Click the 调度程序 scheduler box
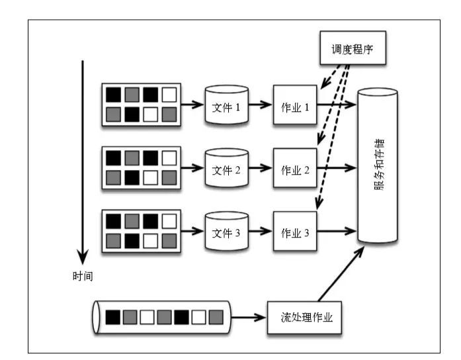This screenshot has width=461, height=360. tap(353, 48)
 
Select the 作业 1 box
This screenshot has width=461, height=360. tap(296, 105)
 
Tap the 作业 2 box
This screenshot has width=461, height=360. tap(296, 169)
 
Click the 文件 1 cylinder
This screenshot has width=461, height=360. tap(226, 105)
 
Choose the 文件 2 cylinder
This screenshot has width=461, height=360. tap(226, 169)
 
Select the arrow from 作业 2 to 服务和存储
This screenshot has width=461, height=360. tap(337, 169)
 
